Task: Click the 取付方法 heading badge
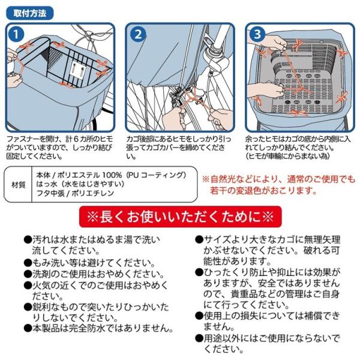[x=30, y=13]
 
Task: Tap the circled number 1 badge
[x=16, y=34]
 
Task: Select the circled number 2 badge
[x=138, y=34]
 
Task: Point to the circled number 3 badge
[x=257, y=34]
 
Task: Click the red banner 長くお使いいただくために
[x=180, y=217]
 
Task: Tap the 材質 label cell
[x=19, y=185]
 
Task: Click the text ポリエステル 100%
[x=89, y=175]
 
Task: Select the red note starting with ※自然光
[x=278, y=185]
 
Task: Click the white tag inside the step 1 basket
[x=77, y=70]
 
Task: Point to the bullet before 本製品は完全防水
[x=28, y=328]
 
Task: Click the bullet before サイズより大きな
[x=199, y=239]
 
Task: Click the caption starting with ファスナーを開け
[x=59, y=148]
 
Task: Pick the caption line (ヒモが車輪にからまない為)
[x=287, y=156]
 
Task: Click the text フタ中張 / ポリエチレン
[x=75, y=193]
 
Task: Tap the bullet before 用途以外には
[x=199, y=338]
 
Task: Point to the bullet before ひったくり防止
[x=199, y=272]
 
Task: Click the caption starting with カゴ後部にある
[x=179, y=148]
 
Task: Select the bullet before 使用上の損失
[x=199, y=316]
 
